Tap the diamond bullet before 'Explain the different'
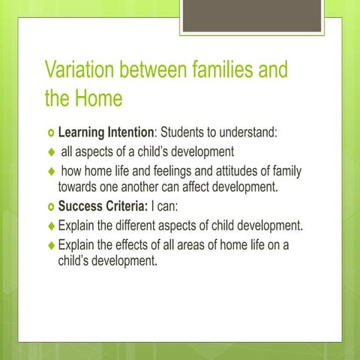coord(51,225)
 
